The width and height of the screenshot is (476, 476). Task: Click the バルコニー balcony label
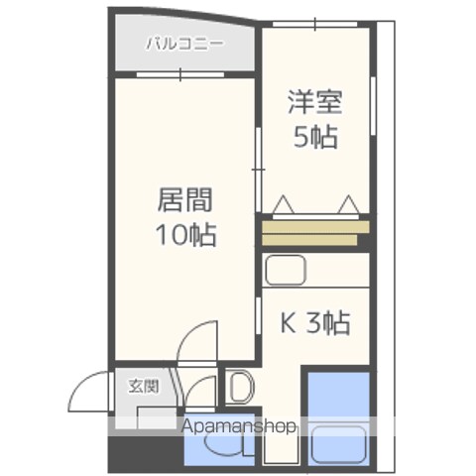(184, 45)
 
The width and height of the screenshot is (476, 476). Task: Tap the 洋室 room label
(315, 102)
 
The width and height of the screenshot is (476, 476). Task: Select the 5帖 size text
(315, 137)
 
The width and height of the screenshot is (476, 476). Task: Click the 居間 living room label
(184, 199)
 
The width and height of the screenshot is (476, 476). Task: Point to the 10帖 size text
(186, 235)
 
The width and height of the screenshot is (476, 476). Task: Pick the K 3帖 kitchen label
(315, 322)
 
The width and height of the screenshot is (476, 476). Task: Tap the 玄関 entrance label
(144, 387)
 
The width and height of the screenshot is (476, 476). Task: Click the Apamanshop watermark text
(238, 426)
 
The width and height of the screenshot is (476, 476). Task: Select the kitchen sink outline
(286, 270)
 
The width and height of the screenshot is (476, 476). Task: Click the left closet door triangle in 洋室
(284, 205)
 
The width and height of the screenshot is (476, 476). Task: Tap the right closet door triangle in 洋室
(349, 205)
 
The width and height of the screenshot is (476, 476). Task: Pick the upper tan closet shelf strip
(315, 227)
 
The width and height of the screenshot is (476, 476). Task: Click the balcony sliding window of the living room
(180, 74)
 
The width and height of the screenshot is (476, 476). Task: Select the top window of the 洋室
(314, 24)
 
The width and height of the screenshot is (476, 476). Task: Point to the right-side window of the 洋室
(373, 106)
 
